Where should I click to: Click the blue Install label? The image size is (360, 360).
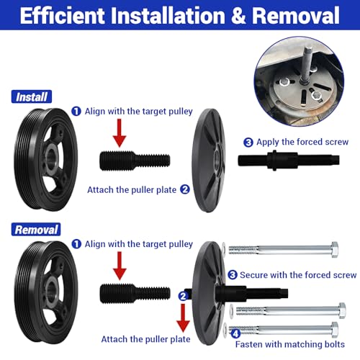pos(32,96)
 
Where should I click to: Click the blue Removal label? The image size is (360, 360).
pos(36,230)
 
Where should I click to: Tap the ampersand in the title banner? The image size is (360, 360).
pos(238,15)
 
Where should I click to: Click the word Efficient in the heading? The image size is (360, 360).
pos(63,15)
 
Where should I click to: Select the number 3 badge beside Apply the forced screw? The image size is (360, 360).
pos(248,142)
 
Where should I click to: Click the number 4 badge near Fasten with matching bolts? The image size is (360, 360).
pos(235,333)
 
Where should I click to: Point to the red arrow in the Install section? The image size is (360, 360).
pos(120,133)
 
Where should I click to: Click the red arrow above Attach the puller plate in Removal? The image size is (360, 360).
pos(183,318)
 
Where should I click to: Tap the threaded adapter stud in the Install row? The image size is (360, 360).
pos(135,161)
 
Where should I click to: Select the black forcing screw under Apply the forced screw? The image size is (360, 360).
pos(289,161)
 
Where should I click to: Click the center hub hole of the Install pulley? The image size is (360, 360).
pos(51,158)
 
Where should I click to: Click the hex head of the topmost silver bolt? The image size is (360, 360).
pos(335,250)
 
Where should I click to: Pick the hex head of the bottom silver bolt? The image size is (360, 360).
pos(335,330)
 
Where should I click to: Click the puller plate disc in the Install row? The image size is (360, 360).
pos(209,161)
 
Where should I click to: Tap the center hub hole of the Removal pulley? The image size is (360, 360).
pos(51,291)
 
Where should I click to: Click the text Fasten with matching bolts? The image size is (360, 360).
pos(290,344)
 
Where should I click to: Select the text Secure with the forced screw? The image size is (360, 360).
pos(298,275)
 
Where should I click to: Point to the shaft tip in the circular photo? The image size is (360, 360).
pos(308,49)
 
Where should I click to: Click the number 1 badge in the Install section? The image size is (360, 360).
pos(76,112)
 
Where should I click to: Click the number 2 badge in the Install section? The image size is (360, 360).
pos(185,189)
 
